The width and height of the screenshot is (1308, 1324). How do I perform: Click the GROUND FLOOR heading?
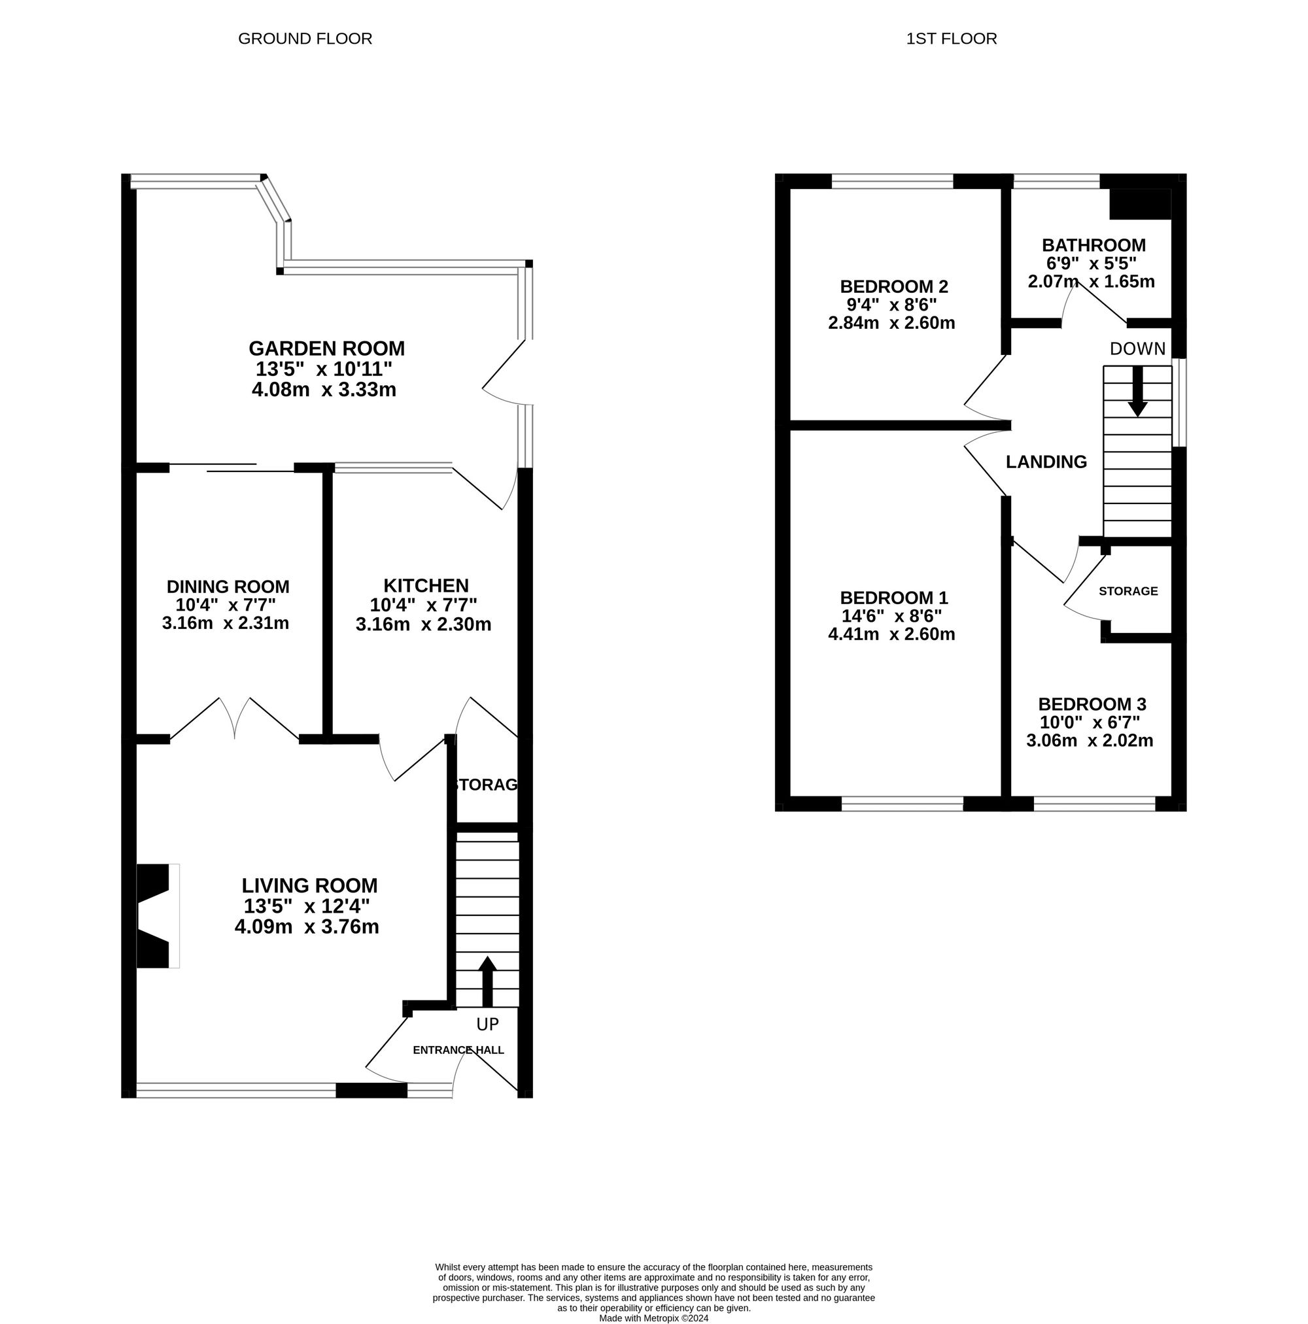(x=305, y=39)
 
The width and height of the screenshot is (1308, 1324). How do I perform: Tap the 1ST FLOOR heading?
(x=952, y=39)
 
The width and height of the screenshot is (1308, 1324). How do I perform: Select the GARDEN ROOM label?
(x=326, y=348)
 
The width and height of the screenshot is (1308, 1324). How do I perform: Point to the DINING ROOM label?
(x=228, y=586)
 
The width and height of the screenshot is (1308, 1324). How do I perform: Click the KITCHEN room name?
(x=426, y=585)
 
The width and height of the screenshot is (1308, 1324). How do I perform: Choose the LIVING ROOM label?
(x=309, y=885)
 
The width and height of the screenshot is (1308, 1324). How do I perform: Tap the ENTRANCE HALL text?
(x=458, y=1050)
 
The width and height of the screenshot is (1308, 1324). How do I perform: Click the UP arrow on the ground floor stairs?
(x=487, y=981)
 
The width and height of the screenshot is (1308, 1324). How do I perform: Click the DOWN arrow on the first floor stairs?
(x=1137, y=391)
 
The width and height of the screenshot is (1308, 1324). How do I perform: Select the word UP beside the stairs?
(x=487, y=1025)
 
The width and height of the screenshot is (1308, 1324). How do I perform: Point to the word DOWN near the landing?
(x=1137, y=349)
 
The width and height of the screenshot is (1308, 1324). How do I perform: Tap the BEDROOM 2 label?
(x=894, y=286)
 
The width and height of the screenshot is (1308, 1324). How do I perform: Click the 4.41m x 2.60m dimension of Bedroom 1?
(x=891, y=634)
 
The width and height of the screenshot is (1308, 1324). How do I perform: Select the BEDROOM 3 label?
(x=1092, y=704)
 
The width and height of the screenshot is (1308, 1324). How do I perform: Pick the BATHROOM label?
(x=1093, y=245)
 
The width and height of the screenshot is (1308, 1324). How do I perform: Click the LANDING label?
(x=1046, y=462)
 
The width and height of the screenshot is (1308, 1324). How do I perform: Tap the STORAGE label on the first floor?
(x=1128, y=590)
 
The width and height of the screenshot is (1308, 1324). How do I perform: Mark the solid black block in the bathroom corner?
(x=1140, y=203)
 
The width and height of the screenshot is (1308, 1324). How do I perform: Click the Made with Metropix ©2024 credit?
(x=654, y=1318)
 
